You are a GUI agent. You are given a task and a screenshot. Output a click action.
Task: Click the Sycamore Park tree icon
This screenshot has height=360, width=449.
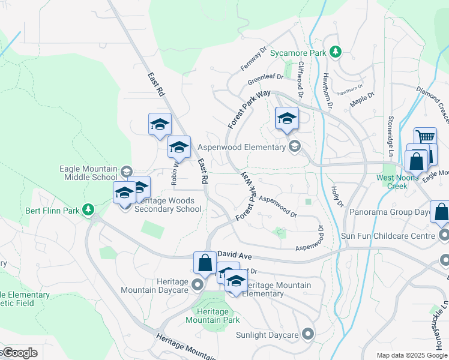click(336, 53)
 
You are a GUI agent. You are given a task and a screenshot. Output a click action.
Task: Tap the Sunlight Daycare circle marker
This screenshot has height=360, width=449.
click(308, 334)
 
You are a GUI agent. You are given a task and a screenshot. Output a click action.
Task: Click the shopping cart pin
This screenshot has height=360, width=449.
click(425, 137)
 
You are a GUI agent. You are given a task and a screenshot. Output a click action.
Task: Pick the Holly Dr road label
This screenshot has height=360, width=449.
click(337, 196)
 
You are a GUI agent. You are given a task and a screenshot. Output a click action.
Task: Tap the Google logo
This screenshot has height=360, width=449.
click(19, 352)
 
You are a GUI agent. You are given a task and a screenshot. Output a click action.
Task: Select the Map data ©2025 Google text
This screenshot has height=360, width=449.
click(412, 355)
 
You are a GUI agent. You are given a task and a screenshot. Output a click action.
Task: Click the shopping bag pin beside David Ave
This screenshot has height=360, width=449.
click(205, 263)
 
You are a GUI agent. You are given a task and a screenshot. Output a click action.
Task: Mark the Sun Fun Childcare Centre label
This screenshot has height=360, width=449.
click(387, 236)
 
